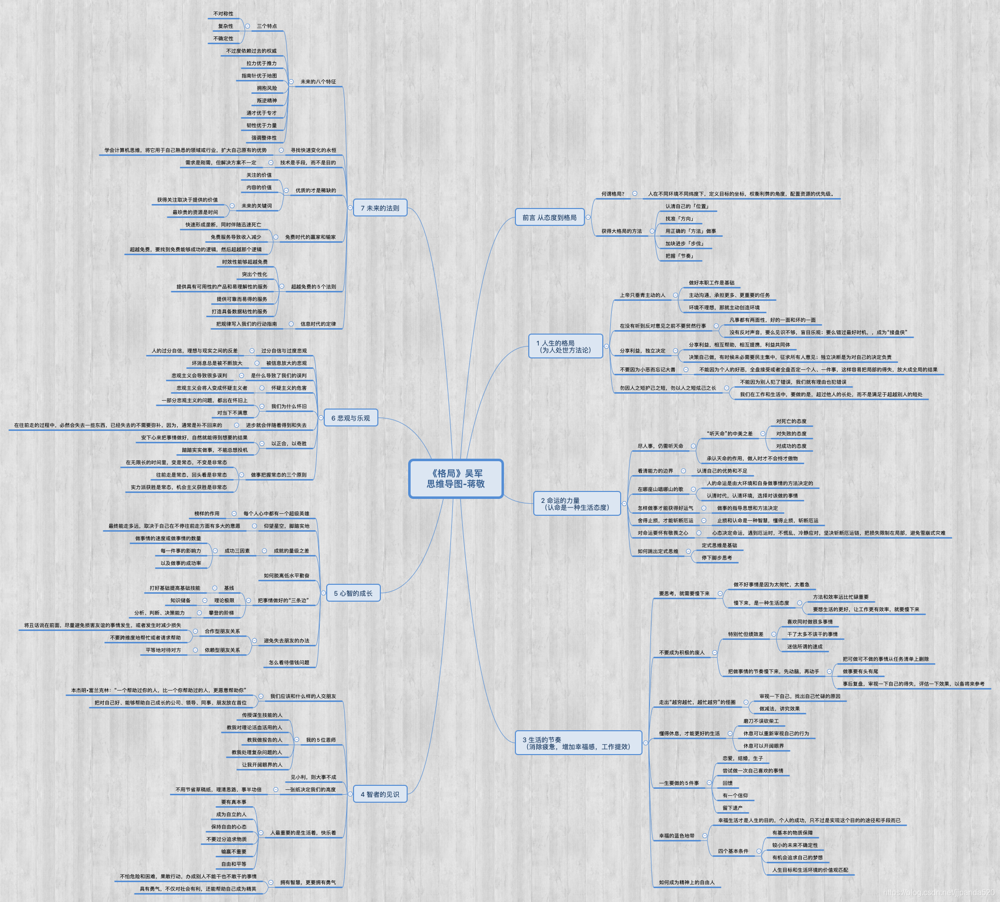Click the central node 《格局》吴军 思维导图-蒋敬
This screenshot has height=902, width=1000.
click(x=456, y=479)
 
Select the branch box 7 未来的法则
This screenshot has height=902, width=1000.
click(x=380, y=208)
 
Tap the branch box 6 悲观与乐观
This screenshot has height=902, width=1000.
click(x=351, y=418)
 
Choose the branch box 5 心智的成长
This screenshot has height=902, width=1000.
click(x=353, y=593)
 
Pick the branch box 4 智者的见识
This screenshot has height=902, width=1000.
click(x=380, y=794)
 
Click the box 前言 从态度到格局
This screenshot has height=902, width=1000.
click(x=549, y=217)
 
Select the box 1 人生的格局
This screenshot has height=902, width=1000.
click(x=566, y=347)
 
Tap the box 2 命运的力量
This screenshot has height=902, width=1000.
click(x=576, y=504)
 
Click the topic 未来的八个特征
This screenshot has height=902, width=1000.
click(x=318, y=82)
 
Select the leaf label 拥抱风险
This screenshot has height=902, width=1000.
click(x=267, y=88)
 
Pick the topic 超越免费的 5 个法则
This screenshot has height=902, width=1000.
click(x=313, y=287)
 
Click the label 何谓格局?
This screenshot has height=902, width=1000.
click(x=613, y=194)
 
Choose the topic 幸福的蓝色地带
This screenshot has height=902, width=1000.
click(x=676, y=836)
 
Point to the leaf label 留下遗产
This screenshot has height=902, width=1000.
click(x=732, y=808)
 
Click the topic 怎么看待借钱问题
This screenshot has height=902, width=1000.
click(x=289, y=663)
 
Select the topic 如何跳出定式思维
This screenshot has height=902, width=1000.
click(x=658, y=552)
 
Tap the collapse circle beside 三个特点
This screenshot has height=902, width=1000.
click(x=247, y=26)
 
